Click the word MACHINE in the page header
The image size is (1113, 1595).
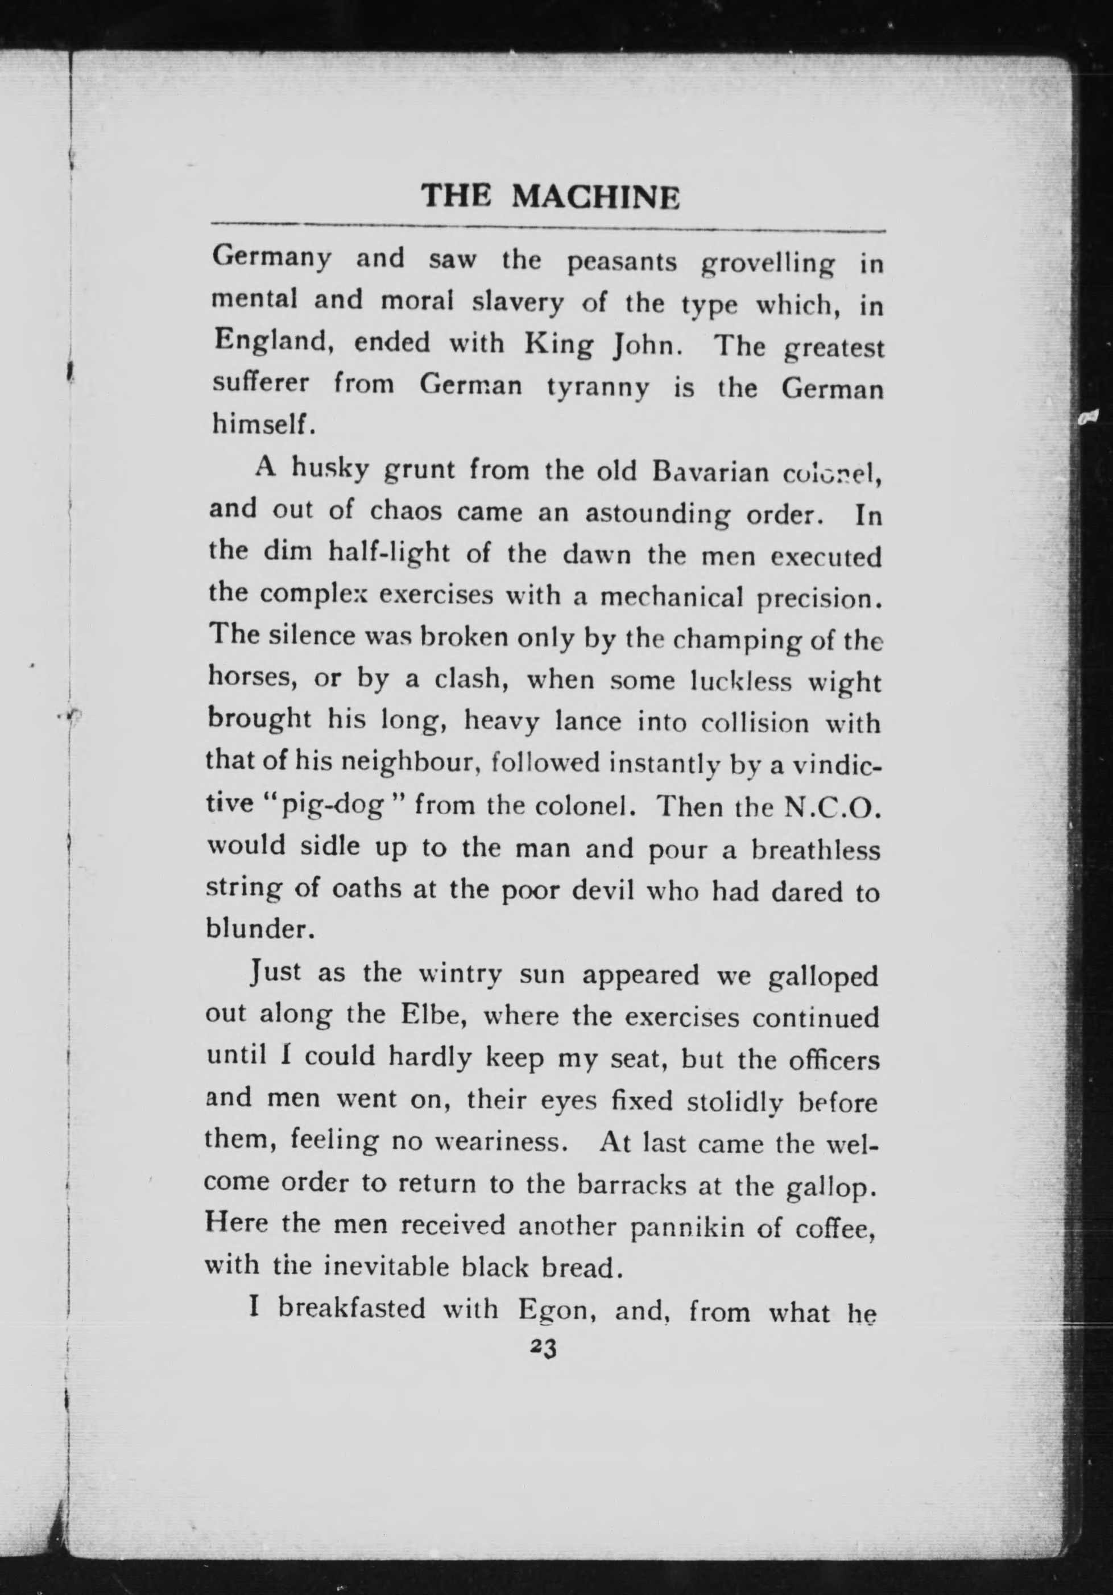pyautogui.click(x=595, y=197)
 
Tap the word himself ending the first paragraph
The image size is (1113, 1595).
pyautogui.click(x=262, y=424)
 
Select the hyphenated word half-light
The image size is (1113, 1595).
pyautogui.click(x=391, y=553)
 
